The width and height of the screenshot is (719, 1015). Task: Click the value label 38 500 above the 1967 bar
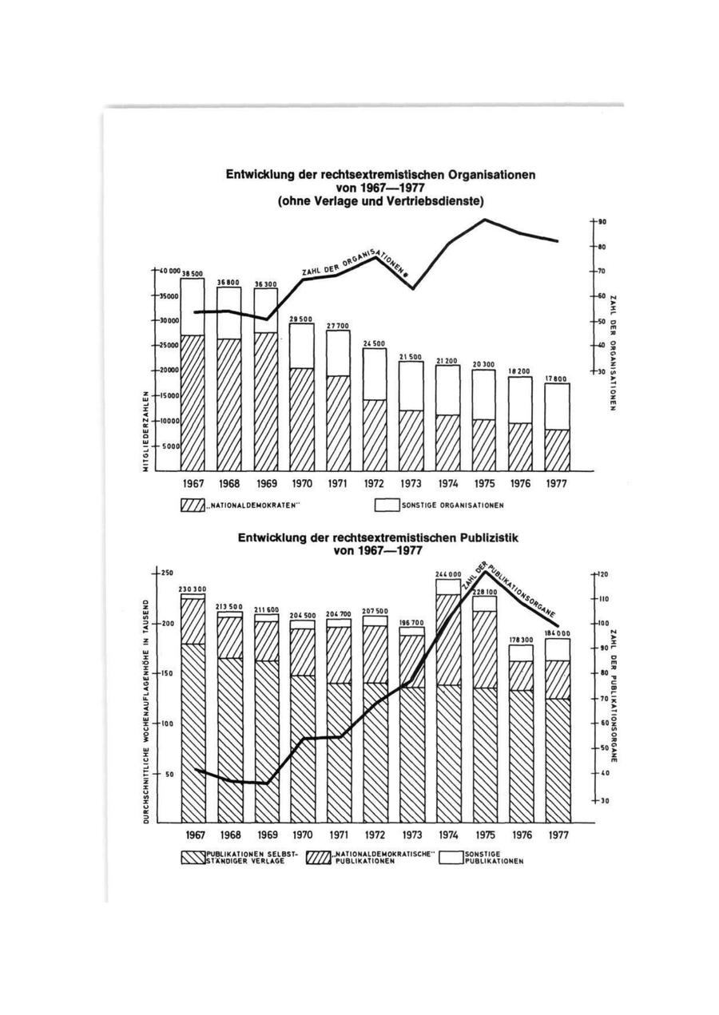click(x=193, y=273)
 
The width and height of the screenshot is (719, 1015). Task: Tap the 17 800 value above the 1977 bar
click(x=557, y=379)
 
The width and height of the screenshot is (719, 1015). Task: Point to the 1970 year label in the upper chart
click(x=302, y=484)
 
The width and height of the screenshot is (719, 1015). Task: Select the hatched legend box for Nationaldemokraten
click(x=193, y=505)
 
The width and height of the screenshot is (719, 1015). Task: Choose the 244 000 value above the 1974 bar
click(x=448, y=574)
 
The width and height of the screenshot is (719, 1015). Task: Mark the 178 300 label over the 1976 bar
click(x=521, y=640)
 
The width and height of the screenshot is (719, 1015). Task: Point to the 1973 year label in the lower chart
click(x=411, y=835)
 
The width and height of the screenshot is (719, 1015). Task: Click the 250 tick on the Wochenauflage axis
click(x=168, y=573)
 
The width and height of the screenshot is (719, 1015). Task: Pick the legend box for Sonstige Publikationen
click(x=451, y=858)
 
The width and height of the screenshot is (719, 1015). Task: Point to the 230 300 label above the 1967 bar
click(x=193, y=589)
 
